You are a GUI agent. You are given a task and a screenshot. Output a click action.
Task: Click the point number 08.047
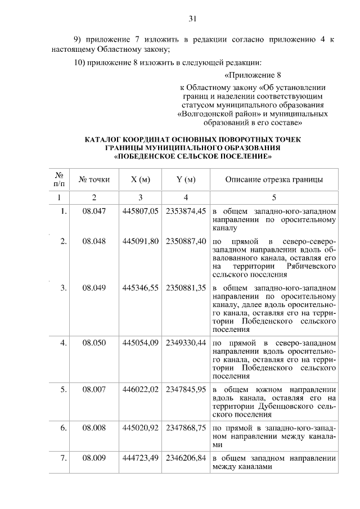94,211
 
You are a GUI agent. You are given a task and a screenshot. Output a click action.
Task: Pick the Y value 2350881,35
186,287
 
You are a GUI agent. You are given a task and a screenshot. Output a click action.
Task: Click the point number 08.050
94,342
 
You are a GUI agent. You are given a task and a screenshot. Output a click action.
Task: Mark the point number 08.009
94,458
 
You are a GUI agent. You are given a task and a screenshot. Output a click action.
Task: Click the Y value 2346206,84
186,458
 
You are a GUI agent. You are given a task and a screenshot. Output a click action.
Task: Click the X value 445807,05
140,211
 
